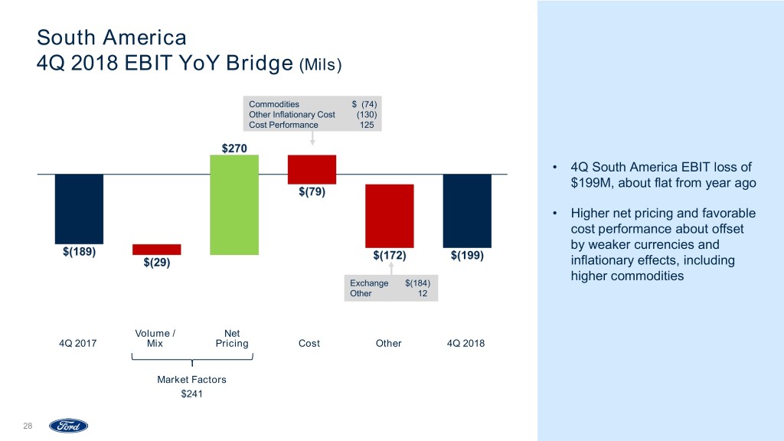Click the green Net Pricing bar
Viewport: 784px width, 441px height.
pos(234,204)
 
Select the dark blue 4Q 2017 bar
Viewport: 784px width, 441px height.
pos(79,209)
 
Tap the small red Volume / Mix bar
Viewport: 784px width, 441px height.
pos(157,249)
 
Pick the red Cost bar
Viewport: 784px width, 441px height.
pos(312,169)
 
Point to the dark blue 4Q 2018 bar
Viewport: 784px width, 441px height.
pos(467,211)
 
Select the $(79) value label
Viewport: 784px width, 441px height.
pos(312,191)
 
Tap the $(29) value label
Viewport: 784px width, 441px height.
pos(157,264)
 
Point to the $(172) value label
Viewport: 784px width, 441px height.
pos(389,256)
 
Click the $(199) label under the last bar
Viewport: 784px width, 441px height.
pos(467,256)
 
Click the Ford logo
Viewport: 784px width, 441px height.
pos(69,426)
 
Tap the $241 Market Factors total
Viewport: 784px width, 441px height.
pos(191,394)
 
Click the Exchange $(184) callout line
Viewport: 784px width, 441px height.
pos(390,283)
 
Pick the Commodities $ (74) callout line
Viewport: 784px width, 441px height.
pos(312,104)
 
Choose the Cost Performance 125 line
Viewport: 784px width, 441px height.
pos(312,125)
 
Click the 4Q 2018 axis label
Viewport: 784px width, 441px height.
pos(465,344)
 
